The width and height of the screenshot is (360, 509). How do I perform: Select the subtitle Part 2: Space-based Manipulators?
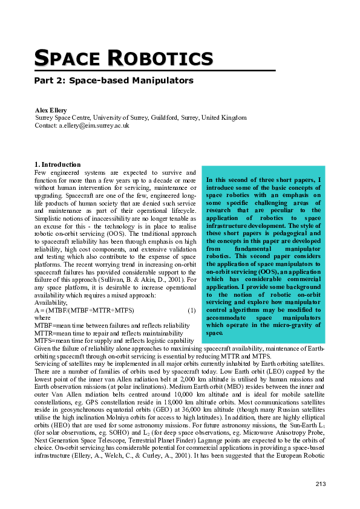114,80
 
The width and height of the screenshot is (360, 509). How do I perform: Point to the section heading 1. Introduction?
57,164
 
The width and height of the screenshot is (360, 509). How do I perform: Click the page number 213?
321,484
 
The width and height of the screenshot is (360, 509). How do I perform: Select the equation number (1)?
192,310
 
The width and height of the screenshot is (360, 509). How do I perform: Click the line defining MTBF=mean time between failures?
112,325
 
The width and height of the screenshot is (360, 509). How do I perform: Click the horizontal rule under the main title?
154,71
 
